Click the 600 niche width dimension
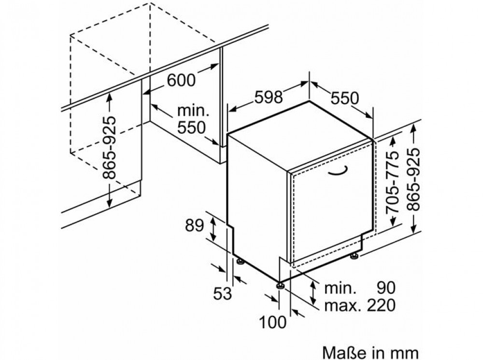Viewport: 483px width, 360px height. click(181, 80)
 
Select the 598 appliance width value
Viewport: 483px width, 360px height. click(269, 97)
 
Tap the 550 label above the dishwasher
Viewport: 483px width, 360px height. click(345, 98)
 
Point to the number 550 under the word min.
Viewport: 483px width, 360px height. click(191, 127)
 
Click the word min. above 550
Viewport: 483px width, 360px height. click(193, 111)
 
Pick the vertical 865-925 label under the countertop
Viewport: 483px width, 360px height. click(109, 147)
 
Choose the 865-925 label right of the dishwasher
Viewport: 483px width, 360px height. click(413, 179)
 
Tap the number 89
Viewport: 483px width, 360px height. click(194, 225)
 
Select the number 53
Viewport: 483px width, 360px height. click(222, 293)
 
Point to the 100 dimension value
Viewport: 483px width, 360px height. click(272, 322)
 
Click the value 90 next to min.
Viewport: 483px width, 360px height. click(385, 288)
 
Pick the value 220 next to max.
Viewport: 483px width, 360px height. click(381, 305)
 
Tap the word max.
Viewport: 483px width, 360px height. click(342, 305)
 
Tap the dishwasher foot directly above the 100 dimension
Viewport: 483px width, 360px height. click(280, 285)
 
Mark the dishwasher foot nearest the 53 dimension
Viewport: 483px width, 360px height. click(240, 261)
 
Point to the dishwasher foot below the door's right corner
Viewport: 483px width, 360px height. click(354, 255)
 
